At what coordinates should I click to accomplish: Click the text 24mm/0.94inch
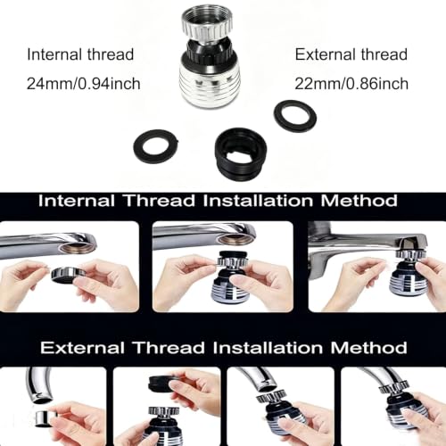click(84, 84)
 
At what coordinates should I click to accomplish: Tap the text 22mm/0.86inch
click(351, 84)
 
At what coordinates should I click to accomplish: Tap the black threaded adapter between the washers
click(244, 153)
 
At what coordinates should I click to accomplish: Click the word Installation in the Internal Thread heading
click(258, 201)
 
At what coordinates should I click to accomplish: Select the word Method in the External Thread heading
click(368, 348)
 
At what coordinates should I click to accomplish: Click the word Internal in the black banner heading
click(77, 201)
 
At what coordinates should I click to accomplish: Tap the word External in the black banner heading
click(82, 348)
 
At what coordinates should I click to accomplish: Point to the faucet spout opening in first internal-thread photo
click(77, 247)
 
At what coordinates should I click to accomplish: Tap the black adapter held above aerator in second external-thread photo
click(163, 384)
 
